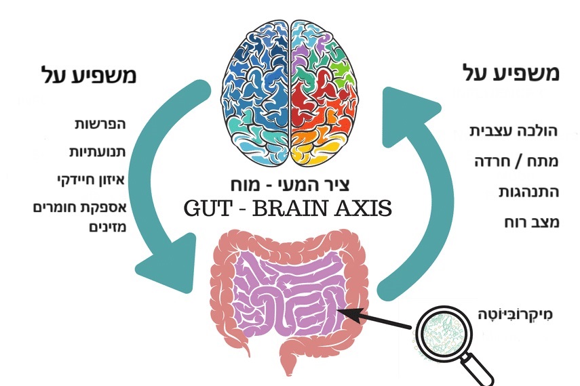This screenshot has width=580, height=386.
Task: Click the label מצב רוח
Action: tap(532, 223)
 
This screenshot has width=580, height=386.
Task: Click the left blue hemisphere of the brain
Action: tap(258, 95)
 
